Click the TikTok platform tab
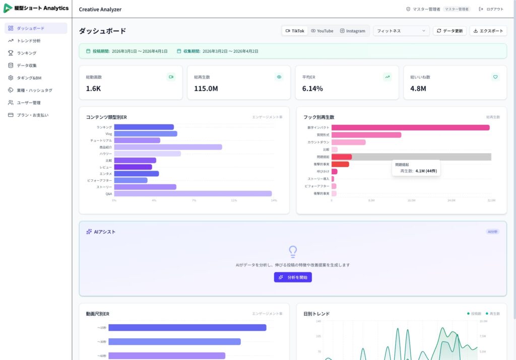[x=295, y=31]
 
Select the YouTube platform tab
[x=322, y=31]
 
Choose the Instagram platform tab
[x=352, y=31]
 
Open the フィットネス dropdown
[x=401, y=31]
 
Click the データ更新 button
[x=449, y=31]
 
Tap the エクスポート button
[x=488, y=31]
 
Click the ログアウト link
[x=491, y=9]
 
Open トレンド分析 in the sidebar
[x=29, y=41]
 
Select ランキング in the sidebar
[x=27, y=53]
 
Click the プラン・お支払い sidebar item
[x=33, y=115]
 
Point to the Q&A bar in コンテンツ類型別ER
[x=192, y=193]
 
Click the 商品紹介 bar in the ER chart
[x=168, y=147]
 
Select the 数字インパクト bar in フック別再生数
[x=410, y=127]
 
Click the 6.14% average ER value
[x=312, y=89]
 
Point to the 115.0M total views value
[x=206, y=89]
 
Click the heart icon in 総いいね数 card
[x=495, y=77]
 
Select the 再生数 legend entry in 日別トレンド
[x=492, y=314]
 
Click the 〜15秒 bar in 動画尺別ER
[x=187, y=328]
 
